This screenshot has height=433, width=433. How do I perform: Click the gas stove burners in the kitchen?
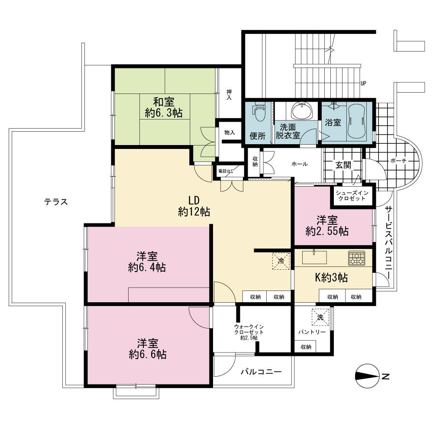point(356,258)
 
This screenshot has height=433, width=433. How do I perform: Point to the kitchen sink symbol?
point(314,257)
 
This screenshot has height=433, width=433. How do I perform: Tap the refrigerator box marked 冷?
point(281,261)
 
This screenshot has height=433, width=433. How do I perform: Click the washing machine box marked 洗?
point(320,317)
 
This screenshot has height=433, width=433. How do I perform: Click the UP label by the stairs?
point(363,83)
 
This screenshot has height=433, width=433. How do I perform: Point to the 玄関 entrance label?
point(343,165)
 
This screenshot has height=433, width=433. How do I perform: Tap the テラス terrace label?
point(56,202)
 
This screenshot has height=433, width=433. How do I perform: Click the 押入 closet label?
point(229,95)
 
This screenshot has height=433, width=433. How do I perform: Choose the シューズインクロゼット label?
point(352,196)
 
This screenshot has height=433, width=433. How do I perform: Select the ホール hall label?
point(300,164)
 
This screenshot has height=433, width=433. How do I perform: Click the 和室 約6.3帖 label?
point(164,107)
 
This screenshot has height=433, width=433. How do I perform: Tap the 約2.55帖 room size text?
point(327,231)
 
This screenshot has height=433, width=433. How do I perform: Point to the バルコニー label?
point(261,372)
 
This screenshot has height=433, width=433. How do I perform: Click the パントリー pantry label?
point(312,332)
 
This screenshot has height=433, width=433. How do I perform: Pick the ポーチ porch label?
point(398,161)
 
